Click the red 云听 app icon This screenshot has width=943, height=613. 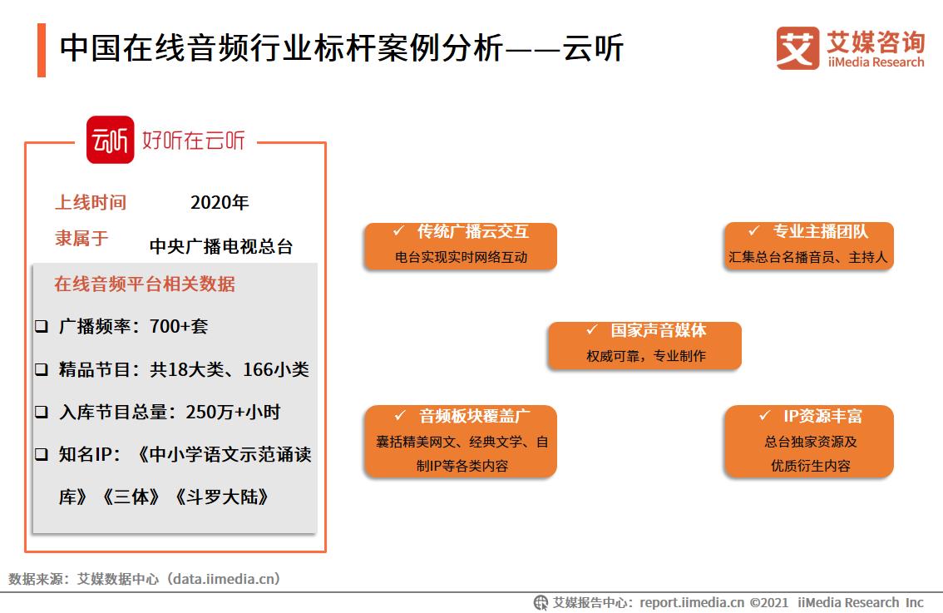click(110, 140)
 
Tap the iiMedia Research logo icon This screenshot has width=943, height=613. click(797, 48)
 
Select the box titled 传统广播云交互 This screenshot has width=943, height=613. click(460, 245)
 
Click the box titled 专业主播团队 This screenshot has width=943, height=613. click(808, 245)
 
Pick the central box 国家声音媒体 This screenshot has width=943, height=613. click(644, 344)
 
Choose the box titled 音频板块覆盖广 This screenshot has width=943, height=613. click(460, 441)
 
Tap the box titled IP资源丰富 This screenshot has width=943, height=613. click(808, 441)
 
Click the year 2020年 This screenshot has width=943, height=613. click(220, 202)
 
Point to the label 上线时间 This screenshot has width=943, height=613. click(91, 202)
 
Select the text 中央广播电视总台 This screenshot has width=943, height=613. click(221, 246)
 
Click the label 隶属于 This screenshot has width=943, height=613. click(81, 239)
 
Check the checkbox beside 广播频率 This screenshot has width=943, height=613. click(41, 327)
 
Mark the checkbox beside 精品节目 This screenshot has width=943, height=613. click(41, 370)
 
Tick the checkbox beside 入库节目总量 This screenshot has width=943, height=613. click(41, 412)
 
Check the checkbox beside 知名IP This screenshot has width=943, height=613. click(41, 455)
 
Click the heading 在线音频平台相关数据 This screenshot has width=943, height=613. click(145, 284)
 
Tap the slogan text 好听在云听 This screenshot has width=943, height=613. click(194, 140)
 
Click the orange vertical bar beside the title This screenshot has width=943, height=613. click(42, 50)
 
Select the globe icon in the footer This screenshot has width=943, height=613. click(541, 602)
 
